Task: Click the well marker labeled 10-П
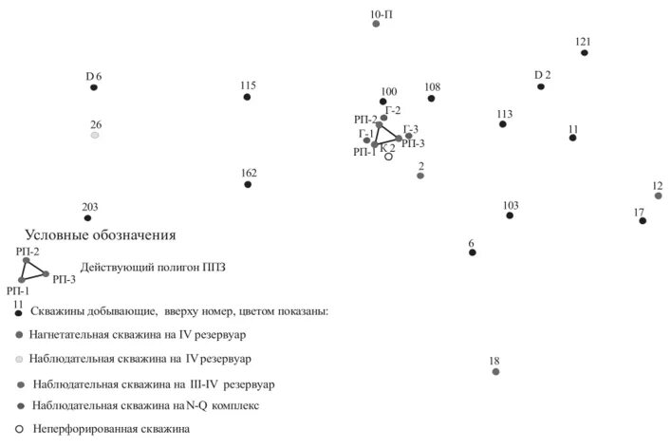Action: pyautogui.click(x=376, y=24)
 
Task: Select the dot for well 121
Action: pyautogui.click(x=585, y=52)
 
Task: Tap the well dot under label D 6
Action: pyautogui.click(x=94, y=87)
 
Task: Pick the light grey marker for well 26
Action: pyautogui.click(x=95, y=136)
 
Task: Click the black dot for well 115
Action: pyautogui.click(x=248, y=97)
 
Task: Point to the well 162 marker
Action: pyautogui.click(x=248, y=184)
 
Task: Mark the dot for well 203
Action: pyautogui.click(x=88, y=218)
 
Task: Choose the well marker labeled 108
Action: pyautogui.click(x=432, y=98)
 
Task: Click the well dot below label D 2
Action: pyautogui.click(x=541, y=86)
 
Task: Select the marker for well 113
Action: pyautogui.click(x=503, y=124)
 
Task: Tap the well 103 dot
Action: pyautogui.click(x=510, y=215)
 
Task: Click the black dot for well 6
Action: pyautogui.click(x=472, y=252)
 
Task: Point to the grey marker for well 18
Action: pyautogui.click(x=495, y=371)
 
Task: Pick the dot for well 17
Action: pyautogui.click(x=643, y=220)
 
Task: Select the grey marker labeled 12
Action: pyautogui.click(x=658, y=196)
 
